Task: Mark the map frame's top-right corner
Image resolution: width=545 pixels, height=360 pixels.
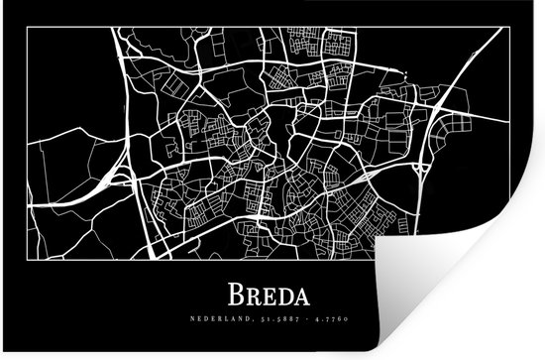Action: point(510,28)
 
